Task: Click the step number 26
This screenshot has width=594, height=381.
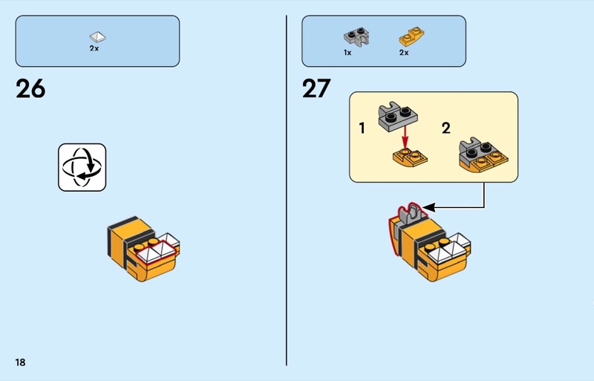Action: click(30, 88)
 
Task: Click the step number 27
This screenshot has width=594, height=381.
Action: click(316, 88)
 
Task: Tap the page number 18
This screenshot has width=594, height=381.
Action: click(19, 362)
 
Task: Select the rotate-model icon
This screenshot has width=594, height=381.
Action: click(82, 167)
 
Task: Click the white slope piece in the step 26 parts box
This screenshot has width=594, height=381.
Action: click(97, 36)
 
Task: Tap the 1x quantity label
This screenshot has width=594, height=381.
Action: click(347, 53)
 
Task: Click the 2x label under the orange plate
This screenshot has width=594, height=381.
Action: click(404, 53)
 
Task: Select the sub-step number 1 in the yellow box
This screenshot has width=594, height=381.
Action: click(362, 128)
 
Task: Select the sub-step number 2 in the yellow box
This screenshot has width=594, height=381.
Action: click(446, 128)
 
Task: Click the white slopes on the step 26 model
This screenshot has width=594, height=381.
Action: click(157, 253)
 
